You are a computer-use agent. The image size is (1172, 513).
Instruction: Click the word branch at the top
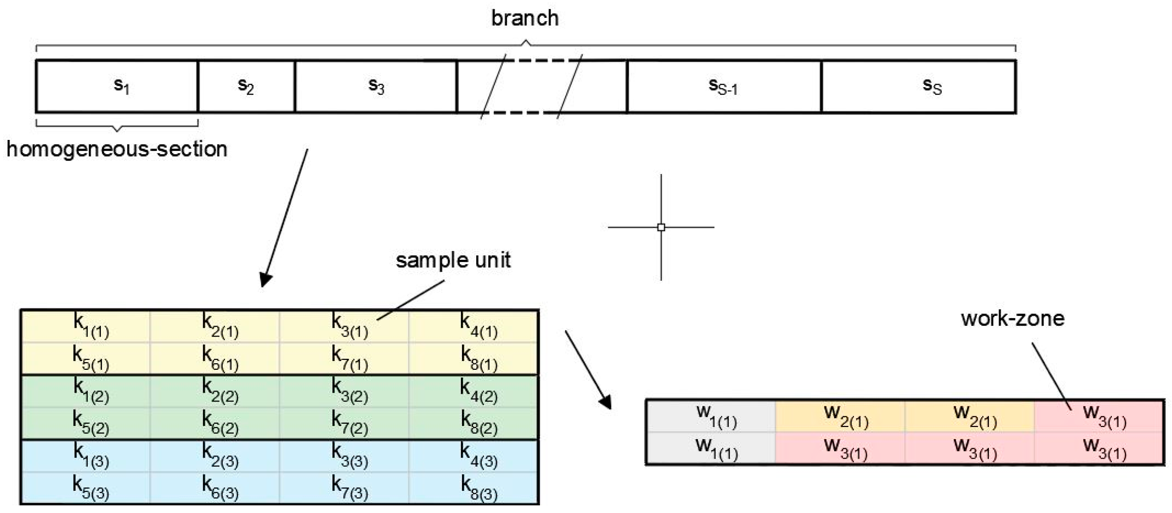525,18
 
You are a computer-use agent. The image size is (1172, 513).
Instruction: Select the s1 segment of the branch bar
117,86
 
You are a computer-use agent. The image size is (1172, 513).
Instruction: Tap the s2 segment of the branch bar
246,86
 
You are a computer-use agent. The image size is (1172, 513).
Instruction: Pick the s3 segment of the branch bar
376,86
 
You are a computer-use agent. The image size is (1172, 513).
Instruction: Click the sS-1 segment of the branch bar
723,86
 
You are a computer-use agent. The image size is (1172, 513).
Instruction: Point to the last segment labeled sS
918,86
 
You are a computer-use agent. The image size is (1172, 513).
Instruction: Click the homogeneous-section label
117,149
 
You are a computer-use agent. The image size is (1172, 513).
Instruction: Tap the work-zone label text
1012,318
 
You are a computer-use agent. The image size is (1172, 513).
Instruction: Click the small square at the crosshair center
661,227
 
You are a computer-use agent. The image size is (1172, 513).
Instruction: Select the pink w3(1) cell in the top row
1100,416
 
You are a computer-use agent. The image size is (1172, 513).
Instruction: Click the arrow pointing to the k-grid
284,219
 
